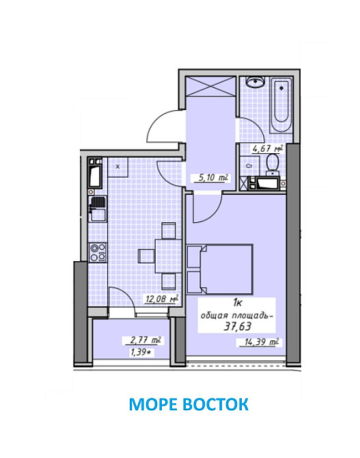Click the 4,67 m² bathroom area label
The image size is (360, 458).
click(268, 148)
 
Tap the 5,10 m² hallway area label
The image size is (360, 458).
click(213, 178)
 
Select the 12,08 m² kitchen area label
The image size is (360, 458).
click(162, 299)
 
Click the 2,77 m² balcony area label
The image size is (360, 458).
click(146, 340)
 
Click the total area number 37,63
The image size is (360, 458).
click(237, 326)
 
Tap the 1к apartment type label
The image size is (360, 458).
click(237, 304)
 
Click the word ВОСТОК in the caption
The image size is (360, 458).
click(215, 404)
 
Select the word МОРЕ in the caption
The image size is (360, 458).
click(153, 404)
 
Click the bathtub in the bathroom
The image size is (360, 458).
click(281, 105)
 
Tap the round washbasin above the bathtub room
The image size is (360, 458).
click(255, 82)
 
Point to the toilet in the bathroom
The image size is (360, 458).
click(273, 165)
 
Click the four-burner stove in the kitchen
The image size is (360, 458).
click(98, 252)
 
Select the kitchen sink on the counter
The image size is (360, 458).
click(98, 209)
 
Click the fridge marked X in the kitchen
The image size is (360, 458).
click(117, 167)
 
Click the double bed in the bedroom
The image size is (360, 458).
click(219, 269)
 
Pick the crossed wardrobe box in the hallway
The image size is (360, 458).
click(210, 86)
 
